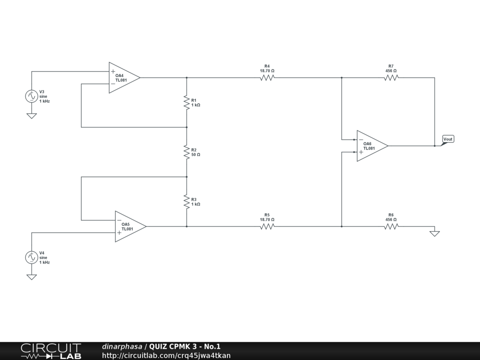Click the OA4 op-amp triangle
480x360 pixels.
123,78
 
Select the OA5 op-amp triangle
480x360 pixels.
129,226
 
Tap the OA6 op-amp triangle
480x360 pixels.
371,146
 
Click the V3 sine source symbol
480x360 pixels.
31,96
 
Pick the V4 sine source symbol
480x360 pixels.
31,257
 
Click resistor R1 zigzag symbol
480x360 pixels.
187,102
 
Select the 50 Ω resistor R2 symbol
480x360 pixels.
187,152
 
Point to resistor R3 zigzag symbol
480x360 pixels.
187,202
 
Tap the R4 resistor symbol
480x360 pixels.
267,78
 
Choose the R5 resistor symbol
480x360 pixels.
267,226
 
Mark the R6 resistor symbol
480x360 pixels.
391,226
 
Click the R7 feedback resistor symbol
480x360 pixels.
391,78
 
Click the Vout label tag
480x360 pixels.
448,139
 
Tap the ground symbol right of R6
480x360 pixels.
435,233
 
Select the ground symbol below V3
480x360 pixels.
31,115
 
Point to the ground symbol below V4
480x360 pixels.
31,277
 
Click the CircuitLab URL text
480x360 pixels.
166,355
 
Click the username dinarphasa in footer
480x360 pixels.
122,346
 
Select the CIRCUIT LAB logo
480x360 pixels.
51,351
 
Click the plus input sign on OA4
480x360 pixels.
113,72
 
